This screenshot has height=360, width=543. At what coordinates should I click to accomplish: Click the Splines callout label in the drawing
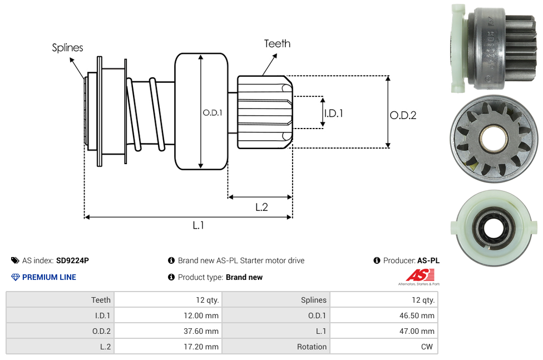67,48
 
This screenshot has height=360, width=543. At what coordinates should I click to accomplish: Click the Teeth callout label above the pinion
277,43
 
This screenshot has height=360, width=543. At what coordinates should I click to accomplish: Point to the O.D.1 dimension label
213,112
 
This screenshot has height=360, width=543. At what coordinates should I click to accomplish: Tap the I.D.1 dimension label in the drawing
333,113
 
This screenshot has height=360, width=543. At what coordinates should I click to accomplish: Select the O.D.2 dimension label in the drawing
403,115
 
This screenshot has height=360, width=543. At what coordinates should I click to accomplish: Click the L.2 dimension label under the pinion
261,207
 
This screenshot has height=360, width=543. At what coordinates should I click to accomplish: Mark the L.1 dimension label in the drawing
199,225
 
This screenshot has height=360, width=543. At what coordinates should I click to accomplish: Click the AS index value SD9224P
72,260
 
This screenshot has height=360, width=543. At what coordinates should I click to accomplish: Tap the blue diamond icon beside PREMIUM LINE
16,277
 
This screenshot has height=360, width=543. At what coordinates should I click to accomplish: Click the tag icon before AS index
15,260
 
